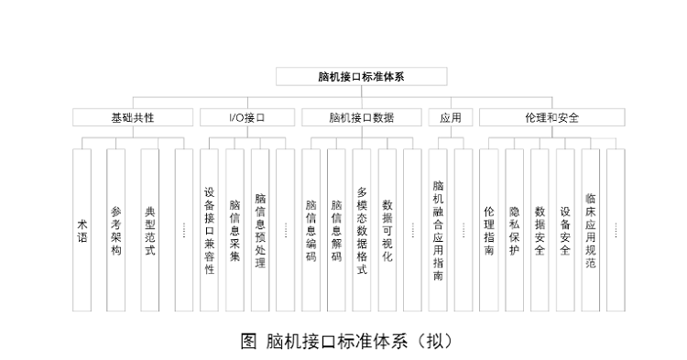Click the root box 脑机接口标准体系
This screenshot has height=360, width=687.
tap(362, 77)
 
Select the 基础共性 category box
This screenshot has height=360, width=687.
tap(133, 118)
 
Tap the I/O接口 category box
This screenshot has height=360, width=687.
tap(247, 118)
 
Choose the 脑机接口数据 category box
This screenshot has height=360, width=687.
tap(362, 118)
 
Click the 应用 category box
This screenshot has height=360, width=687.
tap(451, 118)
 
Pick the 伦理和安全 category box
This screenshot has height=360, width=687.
tap(551, 118)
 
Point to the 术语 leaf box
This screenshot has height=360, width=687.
tap(82, 230)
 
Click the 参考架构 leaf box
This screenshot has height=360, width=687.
tap(115, 230)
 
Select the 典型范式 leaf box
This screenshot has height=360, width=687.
tap(150, 230)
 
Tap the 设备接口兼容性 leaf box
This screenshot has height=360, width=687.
tap(210, 230)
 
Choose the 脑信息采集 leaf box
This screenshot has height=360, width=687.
tap(235, 230)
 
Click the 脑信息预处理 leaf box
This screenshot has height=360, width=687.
tap(261, 230)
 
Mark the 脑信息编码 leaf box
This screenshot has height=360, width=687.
tap(311, 230)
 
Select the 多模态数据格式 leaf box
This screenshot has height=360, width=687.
tap(362, 230)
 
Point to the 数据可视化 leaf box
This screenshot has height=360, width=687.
tap(387, 230)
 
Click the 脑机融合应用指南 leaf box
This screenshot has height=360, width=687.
tap(439, 230)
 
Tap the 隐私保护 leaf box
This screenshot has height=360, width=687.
tap(514, 230)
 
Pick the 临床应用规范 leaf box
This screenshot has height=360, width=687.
tap(591, 230)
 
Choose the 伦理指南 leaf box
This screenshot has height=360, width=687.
tap(489, 230)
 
